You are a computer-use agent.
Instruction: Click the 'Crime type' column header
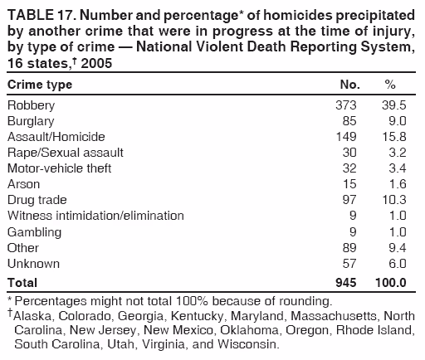40,85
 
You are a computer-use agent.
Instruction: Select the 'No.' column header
351,85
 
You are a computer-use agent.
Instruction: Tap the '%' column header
390,85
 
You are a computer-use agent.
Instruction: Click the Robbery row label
31,105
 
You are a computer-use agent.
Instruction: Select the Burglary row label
31,121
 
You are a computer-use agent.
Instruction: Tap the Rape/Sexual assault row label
65,153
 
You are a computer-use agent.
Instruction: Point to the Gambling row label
33,231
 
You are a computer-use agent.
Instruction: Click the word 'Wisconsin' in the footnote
252,343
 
